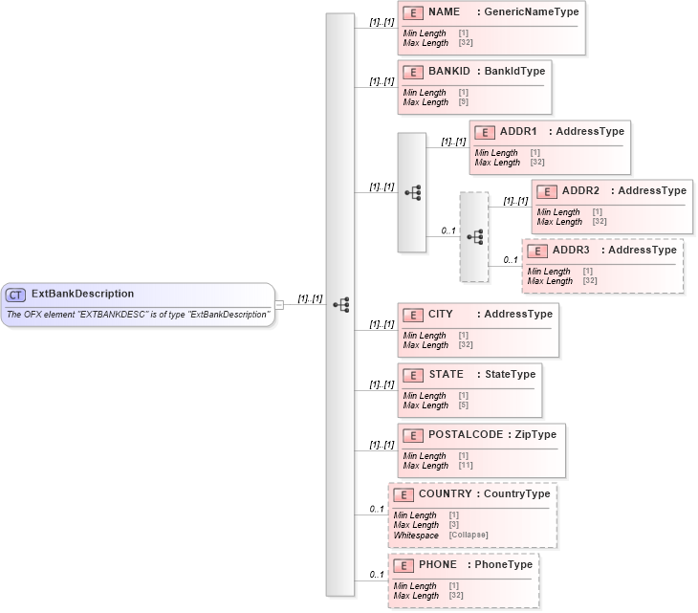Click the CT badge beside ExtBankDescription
pos(16,295)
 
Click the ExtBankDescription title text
pos(83,295)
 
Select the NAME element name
pos(444,12)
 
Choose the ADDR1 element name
pos(518,131)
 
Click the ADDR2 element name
pos(580,190)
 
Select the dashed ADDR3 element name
pos(571,250)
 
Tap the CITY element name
pos(441,314)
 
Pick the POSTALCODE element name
pos(465,434)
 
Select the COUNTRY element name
pos(446,494)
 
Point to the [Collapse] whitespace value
pos(469,536)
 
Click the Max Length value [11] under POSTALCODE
pos(466,466)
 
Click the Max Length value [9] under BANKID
pos(464,102)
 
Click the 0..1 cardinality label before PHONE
pos(377,575)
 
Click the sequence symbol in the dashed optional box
pos(474,236)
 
